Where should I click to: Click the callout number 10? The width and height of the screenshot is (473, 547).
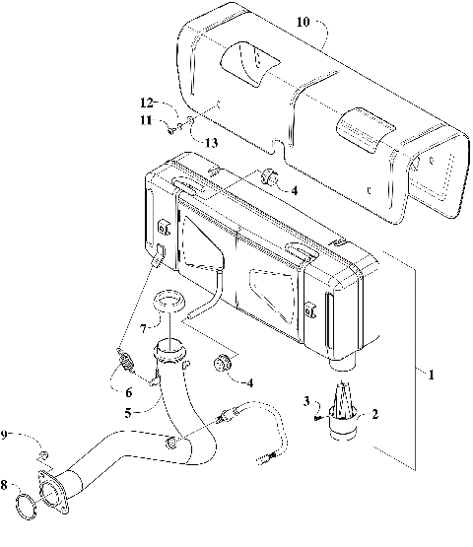(302, 21)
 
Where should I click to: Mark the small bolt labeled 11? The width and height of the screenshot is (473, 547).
(173, 126)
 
